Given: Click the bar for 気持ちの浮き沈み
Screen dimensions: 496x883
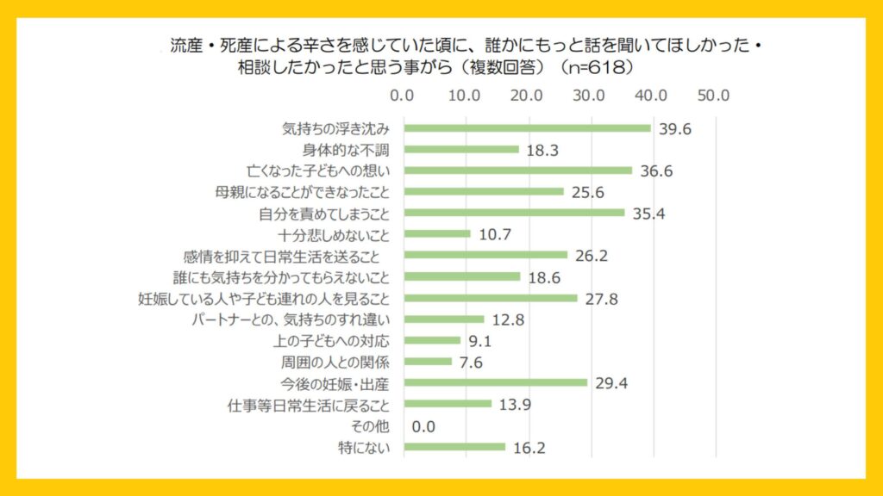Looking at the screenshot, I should click(528, 128).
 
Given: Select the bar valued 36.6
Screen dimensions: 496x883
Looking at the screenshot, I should click(518, 170).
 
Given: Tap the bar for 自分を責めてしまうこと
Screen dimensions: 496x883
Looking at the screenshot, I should click(515, 213).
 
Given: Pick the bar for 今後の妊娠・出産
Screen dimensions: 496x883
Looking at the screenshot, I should click(496, 382).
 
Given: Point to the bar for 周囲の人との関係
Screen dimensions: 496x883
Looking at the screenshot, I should click(428, 361).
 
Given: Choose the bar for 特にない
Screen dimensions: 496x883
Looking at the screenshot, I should click(454, 446).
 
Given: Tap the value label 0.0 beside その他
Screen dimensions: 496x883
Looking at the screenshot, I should click(423, 425).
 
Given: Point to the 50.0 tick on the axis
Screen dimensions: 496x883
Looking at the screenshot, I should click(713, 95).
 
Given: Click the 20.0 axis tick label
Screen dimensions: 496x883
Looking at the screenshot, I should click(527, 95).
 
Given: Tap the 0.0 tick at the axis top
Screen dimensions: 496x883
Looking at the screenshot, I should click(403, 95).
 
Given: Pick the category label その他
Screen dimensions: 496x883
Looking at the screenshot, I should click(372, 425).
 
